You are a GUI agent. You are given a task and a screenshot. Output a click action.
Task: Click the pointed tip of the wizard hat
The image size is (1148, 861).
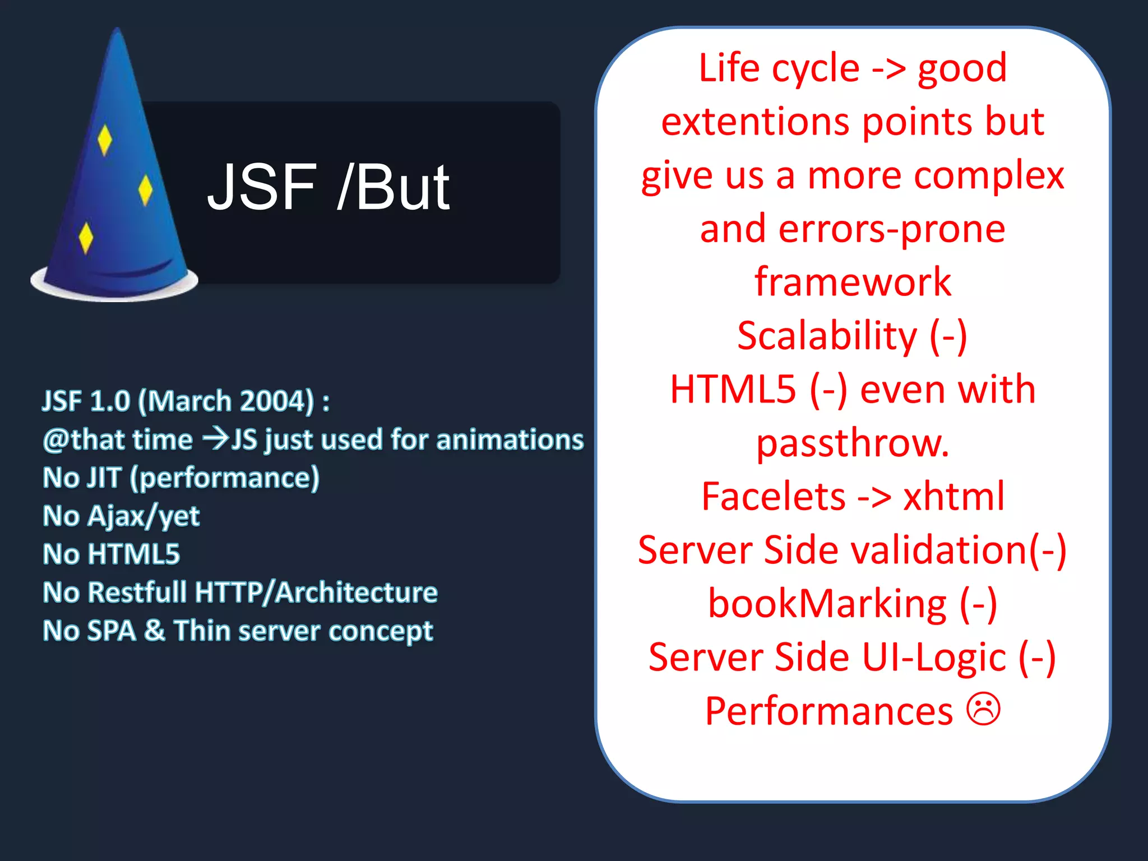pos(117,31)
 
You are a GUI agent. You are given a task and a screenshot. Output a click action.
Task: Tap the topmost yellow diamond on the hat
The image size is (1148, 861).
pos(104,140)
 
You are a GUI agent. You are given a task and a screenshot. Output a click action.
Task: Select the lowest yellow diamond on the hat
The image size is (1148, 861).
pos(86,238)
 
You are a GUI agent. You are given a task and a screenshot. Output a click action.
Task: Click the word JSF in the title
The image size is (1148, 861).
pos(262,187)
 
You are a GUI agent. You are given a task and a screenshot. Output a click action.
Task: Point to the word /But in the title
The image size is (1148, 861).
pos(394,187)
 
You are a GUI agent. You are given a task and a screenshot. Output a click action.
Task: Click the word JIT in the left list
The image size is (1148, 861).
pos(104,478)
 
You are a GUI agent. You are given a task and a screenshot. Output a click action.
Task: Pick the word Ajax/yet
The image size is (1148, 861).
pos(143,516)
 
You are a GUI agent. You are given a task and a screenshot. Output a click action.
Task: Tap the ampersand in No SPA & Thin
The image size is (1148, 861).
pos(155,631)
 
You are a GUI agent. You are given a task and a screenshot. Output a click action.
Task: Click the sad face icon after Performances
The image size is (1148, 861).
pos(983,709)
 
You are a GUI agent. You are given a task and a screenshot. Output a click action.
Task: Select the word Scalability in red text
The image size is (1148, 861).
pos(827,336)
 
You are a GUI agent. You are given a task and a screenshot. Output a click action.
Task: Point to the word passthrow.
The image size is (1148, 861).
pos(853,443)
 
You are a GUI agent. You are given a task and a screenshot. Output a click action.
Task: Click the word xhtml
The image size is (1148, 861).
pos(953,497)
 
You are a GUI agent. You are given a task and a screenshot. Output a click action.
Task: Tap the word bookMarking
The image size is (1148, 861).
pos(827,604)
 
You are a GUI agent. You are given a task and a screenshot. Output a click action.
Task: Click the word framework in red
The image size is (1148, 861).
pos(853,282)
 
